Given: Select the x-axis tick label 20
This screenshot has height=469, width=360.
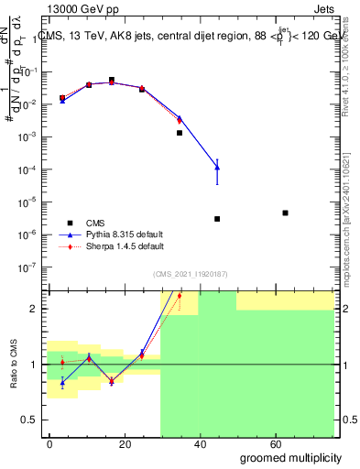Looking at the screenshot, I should [123, 443].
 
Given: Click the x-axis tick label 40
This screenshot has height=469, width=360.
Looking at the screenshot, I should [196, 443].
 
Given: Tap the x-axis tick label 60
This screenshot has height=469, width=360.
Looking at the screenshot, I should [269, 443].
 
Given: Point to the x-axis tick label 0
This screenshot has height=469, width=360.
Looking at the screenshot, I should [49, 443].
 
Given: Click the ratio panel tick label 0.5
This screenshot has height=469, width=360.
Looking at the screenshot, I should [29, 420].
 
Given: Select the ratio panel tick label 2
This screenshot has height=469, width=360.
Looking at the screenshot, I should [34, 309].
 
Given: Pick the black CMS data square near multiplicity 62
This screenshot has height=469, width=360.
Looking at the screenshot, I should [286, 213].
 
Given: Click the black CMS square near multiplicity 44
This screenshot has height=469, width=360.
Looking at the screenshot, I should [217, 219].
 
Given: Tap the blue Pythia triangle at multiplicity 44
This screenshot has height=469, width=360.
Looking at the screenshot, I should [217, 167].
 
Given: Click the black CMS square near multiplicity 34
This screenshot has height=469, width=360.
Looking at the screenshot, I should [180, 133].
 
